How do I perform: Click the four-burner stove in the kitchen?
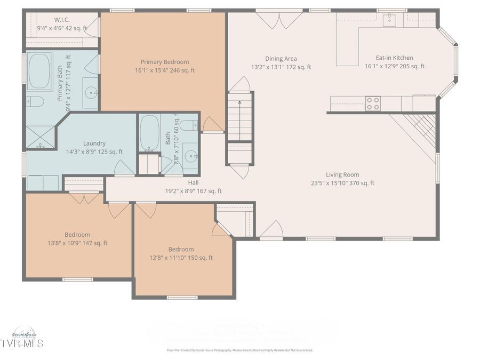click(373, 103)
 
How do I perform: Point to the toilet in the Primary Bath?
click(36, 101)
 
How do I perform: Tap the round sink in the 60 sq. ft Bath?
click(190, 156)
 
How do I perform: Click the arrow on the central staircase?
click(239, 103)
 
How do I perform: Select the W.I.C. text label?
click(62, 20)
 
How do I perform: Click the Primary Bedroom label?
click(164, 62)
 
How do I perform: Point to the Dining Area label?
click(281, 59)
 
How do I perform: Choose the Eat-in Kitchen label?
click(394, 58)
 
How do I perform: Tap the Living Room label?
click(342, 174)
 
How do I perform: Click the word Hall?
click(193, 182)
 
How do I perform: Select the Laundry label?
click(94, 143)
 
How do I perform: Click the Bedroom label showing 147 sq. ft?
click(77, 234)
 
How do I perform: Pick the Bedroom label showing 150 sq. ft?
click(181, 249)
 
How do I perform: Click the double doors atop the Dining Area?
click(278, 20)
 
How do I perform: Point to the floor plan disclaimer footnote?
click(239, 350)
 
